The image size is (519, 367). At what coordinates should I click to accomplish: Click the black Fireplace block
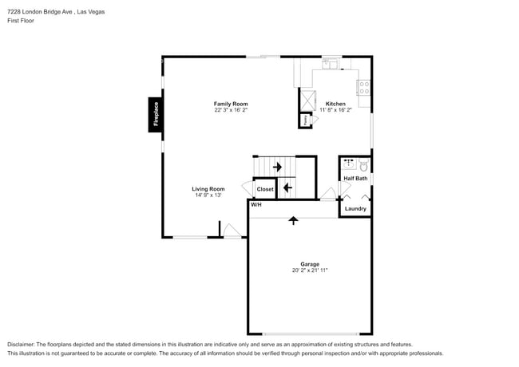[x=155, y=115]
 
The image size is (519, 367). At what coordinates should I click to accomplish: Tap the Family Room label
[x=231, y=104]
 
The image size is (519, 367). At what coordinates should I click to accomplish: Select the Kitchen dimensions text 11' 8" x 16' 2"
[x=335, y=110]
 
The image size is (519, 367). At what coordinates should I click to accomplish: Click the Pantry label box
[x=305, y=120]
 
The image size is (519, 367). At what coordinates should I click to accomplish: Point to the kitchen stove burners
[x=364, y=88]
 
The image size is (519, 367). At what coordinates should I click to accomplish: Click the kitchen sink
[x=330, y=64]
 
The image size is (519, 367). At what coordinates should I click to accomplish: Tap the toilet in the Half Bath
[x=364, y=165]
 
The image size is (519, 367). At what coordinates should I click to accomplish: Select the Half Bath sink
[x=349, y=164]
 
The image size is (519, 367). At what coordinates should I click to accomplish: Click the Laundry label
[x=355, y=208]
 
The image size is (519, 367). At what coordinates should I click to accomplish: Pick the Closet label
[x=265, y=189]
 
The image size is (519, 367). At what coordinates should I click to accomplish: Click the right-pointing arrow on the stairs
[x=277, y=167]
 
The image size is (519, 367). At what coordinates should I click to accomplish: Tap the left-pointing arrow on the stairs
[x=287, y=187]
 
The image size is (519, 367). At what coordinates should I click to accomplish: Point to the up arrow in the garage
[x=293, y=220]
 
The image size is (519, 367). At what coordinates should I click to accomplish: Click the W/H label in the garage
[x=256, y=205]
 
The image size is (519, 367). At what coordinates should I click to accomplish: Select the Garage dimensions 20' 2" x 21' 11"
[x=310, y=270]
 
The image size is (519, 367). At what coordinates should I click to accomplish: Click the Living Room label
[x=208, y=189]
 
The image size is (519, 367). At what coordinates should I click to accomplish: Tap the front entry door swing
[x=232, y=231]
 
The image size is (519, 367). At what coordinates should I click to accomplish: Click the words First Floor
[x=21, y=21]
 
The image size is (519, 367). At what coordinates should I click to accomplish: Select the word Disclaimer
[x=21, y=345]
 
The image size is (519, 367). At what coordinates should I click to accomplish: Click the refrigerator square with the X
[x=307, y=101]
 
